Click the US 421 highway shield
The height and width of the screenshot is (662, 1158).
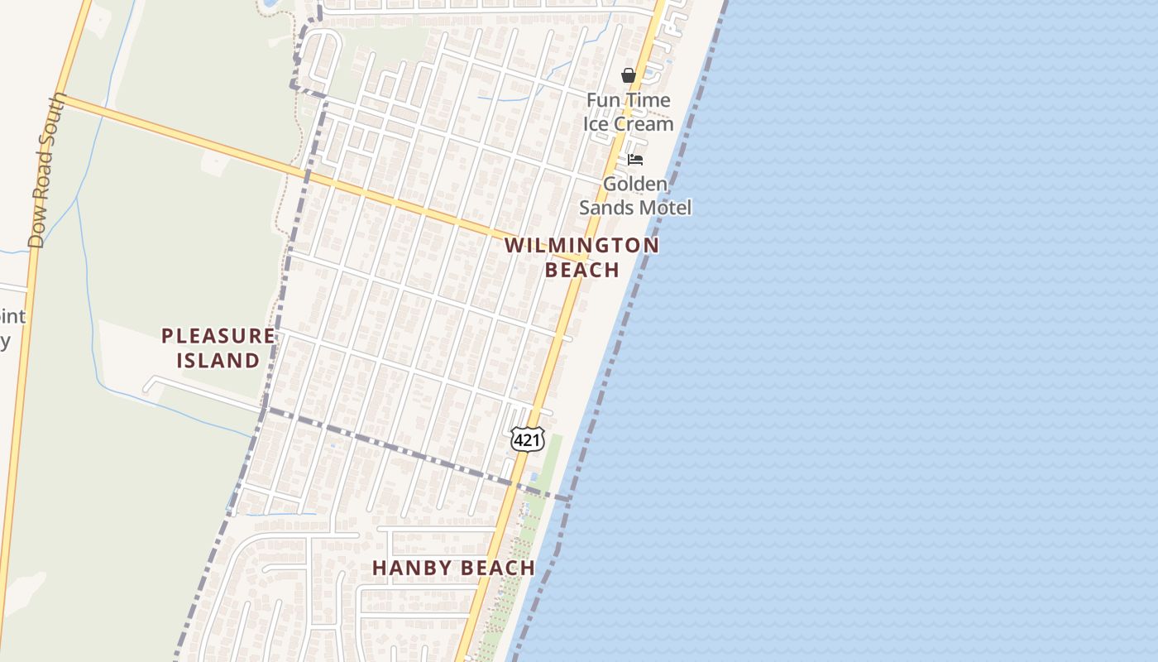click(x=527, y=439)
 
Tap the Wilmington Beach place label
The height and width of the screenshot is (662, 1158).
click(x=582, y=257)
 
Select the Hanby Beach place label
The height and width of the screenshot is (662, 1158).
click(x=453, y=568)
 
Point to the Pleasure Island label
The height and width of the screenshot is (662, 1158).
click(x=218, y=348)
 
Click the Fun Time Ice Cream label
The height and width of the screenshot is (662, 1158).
click(x=629, y=112)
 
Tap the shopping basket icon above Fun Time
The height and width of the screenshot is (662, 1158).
click(x=629, y=76)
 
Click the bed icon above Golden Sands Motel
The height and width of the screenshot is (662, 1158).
click(x=635, y=160)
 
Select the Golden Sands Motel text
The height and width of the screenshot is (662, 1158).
click(x=634, y=195)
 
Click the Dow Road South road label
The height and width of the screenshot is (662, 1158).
click(x=47, y=170)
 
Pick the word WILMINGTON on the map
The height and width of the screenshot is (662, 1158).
click(x=582, y=246)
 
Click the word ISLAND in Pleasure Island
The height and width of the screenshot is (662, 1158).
click(x=218, y=360)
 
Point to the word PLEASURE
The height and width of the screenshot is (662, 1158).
click(x=218, y=336)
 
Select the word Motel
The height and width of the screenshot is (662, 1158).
click(x=663, y=207)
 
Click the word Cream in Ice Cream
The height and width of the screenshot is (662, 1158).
click(x=644, y=124)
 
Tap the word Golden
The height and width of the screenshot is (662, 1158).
click(x=634, y=184)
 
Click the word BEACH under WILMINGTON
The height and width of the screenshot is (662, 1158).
click(x=582, y=270)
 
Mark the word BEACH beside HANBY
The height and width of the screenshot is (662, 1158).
click(x=494, y=568)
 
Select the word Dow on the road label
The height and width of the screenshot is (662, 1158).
click(x=36, y=227)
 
